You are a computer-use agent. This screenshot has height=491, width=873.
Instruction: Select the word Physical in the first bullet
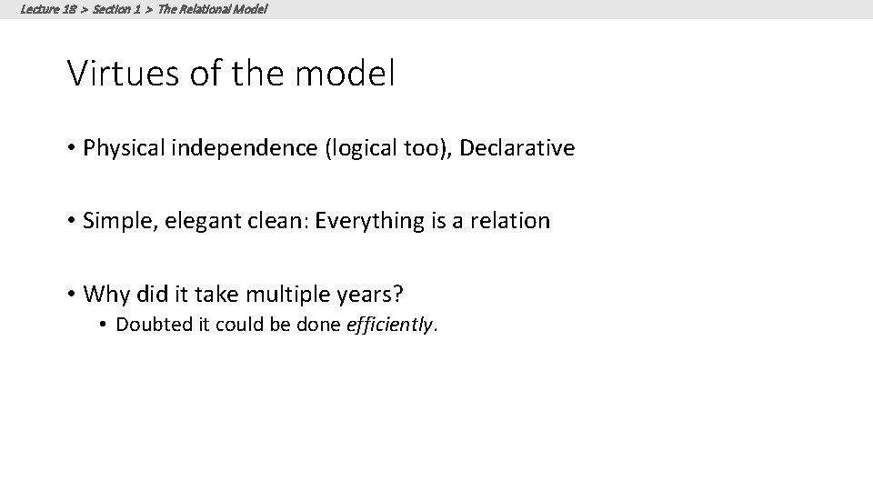[x=118, y=148]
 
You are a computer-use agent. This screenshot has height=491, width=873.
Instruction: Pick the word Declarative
[x=517, y=148]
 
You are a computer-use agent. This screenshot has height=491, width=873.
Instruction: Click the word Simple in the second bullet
[x=110, y=221]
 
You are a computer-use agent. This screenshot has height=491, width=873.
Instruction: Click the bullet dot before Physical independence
[x=72, y=149]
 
